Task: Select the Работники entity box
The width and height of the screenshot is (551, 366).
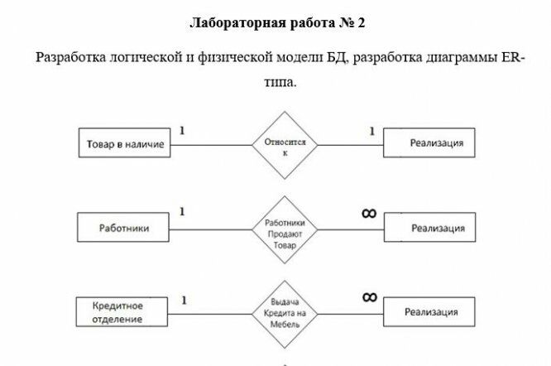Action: (123, 226)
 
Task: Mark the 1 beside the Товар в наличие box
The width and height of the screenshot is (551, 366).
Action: (181, 131)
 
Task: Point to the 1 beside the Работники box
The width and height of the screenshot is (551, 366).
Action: (181, 212)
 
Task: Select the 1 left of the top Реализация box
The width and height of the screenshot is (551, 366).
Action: (371, 131)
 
